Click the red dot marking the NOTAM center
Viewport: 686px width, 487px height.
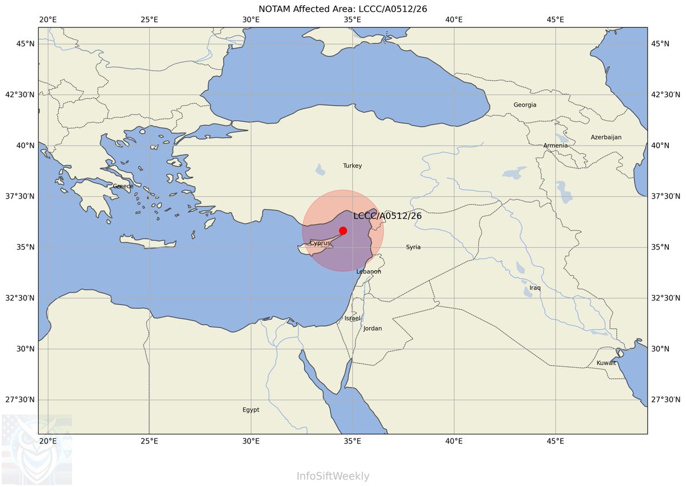343,231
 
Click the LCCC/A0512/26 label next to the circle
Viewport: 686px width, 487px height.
387,216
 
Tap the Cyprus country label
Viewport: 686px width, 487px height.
320,243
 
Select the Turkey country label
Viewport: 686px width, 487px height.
352,166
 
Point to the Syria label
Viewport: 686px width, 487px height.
413,247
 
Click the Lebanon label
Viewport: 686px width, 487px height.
369,271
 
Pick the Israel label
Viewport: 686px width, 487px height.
353,318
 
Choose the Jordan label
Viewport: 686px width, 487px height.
373,328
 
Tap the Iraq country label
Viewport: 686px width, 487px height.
535,288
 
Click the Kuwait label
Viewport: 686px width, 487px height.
607,363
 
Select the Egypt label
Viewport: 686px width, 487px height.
251,410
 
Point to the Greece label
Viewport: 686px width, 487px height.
123,186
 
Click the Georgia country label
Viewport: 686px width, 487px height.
525,105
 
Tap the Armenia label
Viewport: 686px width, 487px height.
556,145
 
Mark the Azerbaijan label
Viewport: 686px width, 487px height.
606,137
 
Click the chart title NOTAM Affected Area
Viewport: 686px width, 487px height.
343,8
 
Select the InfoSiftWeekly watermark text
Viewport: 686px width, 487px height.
333,476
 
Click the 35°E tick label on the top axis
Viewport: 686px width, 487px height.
352,20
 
